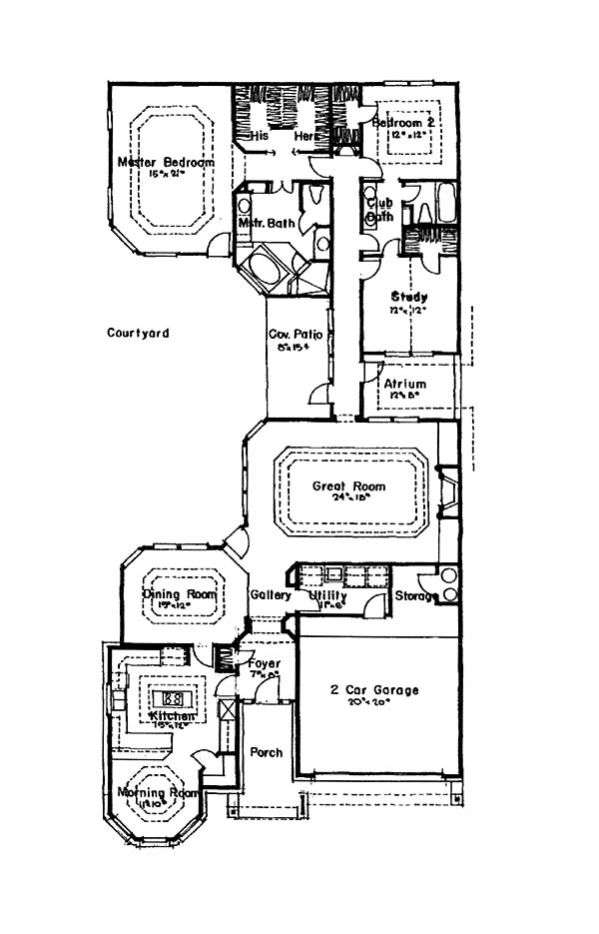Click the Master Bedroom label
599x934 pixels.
[x=166, y=162]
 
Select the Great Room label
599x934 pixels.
[x=348, y=487]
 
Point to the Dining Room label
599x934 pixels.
[x=180, y=595]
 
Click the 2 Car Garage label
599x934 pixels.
[x=374, y=690]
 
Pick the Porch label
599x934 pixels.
[x=266, y=752]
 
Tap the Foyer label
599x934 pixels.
[x=265, y=664]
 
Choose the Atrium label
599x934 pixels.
[x=405, y=385]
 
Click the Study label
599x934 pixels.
[x=409, y=297]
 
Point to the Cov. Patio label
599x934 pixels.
[x=295, y=335]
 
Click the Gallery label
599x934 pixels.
[x=270, y=595]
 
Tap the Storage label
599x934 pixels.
[x=416, y=596]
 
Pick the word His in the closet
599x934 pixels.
[x=261, y=136]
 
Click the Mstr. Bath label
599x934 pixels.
[x=264, y=223]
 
